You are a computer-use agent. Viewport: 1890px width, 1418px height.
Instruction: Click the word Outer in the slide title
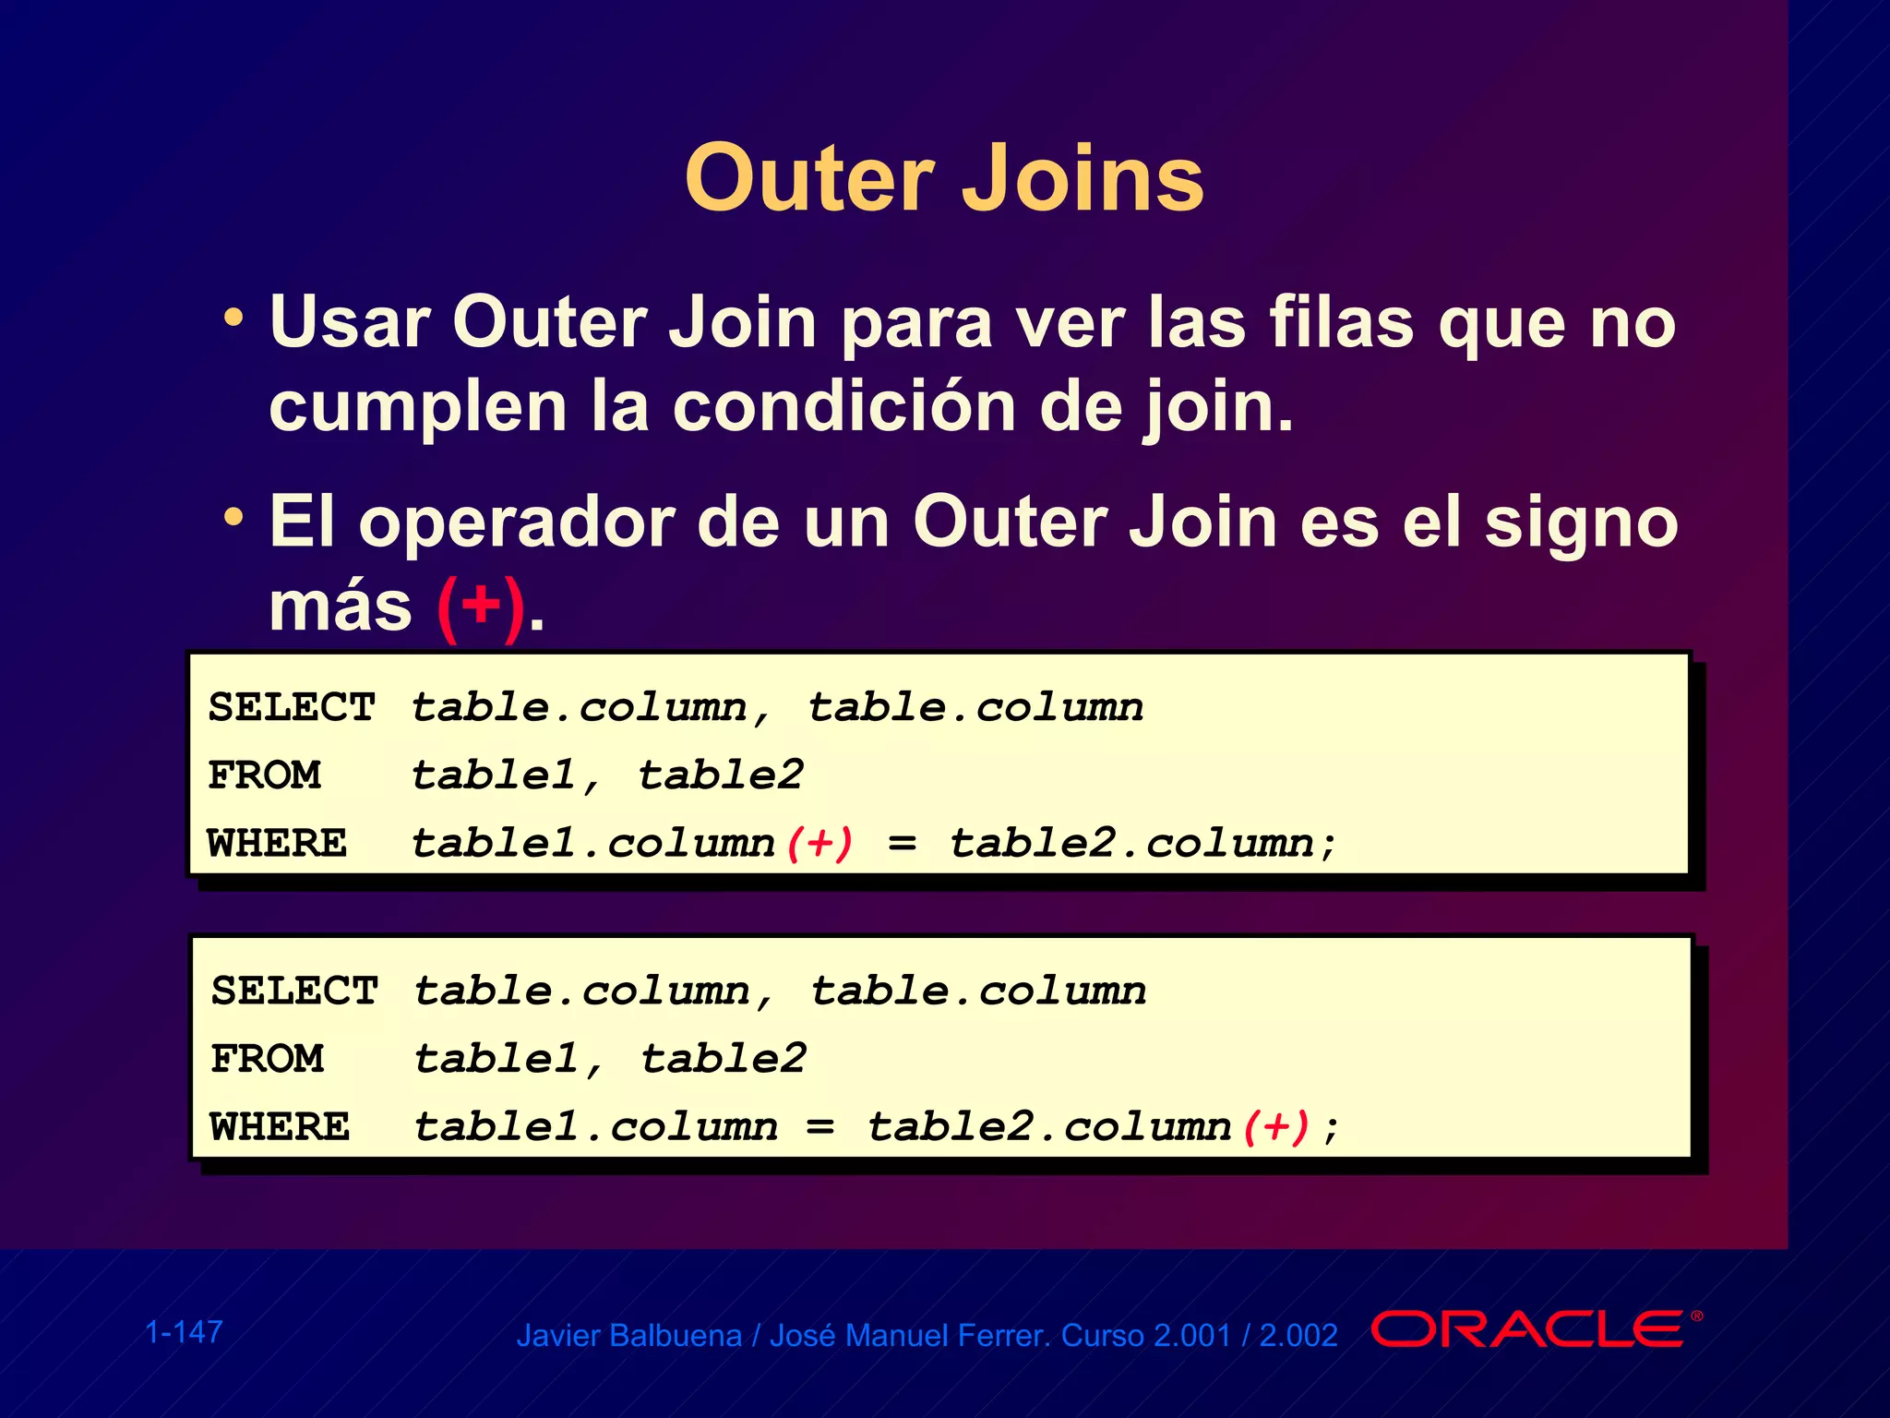click(809, 178)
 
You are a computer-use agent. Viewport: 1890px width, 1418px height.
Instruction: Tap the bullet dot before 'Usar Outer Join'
click(234, 318)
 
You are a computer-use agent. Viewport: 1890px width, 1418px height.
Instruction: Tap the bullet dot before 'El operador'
click(234, 517)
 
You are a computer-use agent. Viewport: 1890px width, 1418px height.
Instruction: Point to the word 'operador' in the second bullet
click(517, 523)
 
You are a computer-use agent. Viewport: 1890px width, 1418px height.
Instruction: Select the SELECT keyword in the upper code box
click(292, 707)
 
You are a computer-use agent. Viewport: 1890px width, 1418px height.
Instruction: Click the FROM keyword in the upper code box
click(265, 775)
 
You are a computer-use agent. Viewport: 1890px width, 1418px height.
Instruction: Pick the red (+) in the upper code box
click(819, 844)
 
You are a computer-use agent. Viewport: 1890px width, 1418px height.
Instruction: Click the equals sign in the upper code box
click(902, 844)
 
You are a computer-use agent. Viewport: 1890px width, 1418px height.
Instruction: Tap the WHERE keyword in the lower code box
click(281, 1127)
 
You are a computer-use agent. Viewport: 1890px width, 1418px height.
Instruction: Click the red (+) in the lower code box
click(1276, 1127)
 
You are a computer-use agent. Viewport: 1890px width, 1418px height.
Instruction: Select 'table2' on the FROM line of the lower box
click(724, 1059)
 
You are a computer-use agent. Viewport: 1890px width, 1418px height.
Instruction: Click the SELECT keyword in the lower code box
click(294, 991)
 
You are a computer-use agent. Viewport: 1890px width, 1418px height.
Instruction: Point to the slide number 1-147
click(185, 1331)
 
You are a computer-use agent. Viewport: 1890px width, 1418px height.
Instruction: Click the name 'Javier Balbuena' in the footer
click(628, 1336)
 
